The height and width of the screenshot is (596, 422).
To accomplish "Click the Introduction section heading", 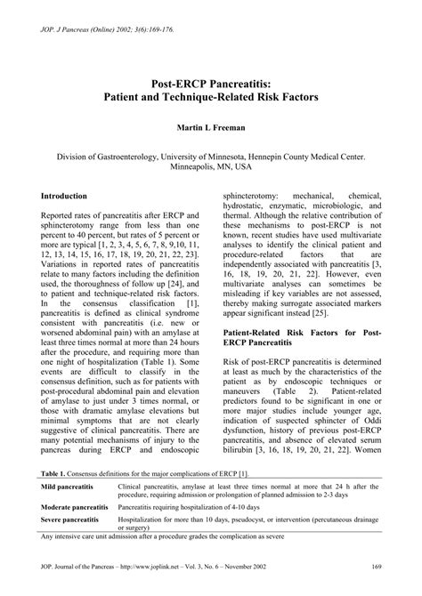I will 65,195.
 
